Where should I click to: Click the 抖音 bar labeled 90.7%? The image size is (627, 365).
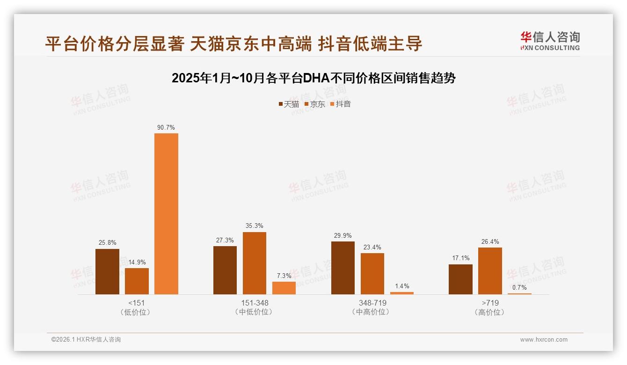[x=166, y=214]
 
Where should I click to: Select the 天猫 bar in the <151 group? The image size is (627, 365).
[x=107, y=271]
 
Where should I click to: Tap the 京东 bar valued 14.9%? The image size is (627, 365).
[x=137, y=281]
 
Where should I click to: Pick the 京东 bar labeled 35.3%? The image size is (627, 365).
[x=254, y=263]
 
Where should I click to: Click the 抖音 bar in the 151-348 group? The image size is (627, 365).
[x=284, y=288]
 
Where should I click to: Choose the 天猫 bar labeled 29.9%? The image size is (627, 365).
[x=343, y=268]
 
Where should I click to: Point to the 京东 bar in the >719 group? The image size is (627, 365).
[x=490, y=271]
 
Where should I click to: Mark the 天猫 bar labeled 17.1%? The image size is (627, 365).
[x=460, y=279]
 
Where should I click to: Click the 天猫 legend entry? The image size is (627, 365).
[x=289, y=104]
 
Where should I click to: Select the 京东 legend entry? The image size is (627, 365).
[x=315, y=104]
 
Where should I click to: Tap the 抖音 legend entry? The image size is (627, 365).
[x=341, y=104]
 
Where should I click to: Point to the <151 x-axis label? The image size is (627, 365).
[x=136, y=303]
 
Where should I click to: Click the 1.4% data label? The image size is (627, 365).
[x=402, y=286]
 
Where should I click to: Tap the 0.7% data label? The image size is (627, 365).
[x=519, y=287]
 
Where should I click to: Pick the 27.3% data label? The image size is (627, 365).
[x=225, y=240]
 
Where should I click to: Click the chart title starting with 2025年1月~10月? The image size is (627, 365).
[x=313, y=78]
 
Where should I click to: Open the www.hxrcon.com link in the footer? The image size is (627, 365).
[x=544, y=340]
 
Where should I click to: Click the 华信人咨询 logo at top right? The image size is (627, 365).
[x=550, y=41]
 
